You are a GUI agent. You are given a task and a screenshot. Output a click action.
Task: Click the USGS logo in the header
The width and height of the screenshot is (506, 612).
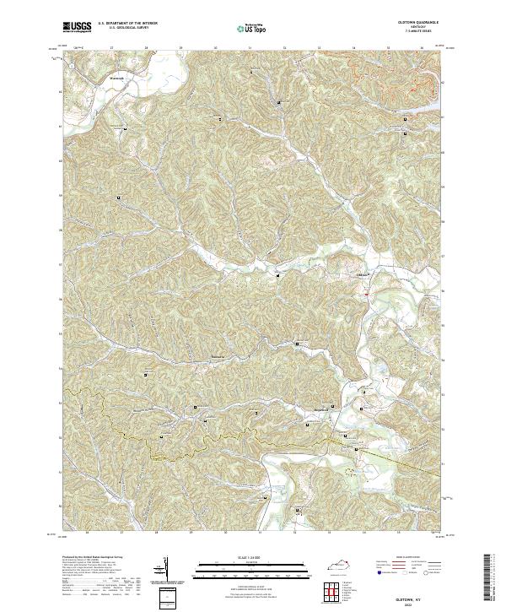click(77, 27)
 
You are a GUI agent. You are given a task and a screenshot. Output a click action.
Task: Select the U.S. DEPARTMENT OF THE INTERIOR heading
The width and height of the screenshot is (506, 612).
click(127, 24)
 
